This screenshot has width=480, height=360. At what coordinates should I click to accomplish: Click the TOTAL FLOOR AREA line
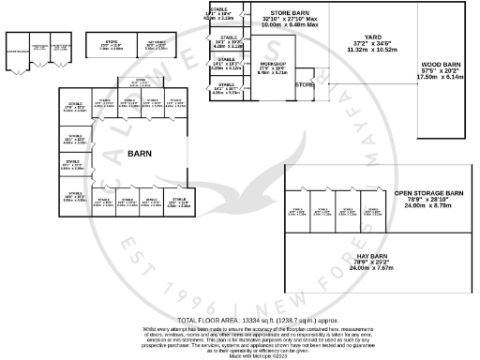point(238,320)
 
